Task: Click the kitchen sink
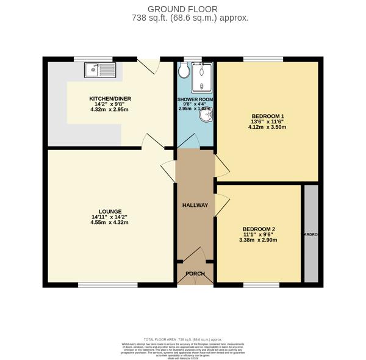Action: pyautogui.click(x=101, y=70)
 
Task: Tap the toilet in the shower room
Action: pyautogui.click(x=184, y=71)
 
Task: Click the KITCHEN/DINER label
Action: pyautogui.click(x=110, y=99)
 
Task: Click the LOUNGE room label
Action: pyautogui.click(x=109, y=211)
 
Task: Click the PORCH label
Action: pyautogui.click(x=195, y=273)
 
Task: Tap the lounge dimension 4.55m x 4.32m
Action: pyautogui.click(x=109, y=223)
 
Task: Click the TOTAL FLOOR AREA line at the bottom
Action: pyautogui.click(x=182, y=338)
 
